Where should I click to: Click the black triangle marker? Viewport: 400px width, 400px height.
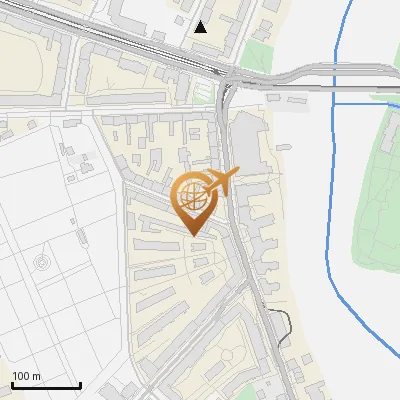pyautogui.click(x=201, y=27)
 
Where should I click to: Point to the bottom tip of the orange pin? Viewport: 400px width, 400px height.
pyautogui.click(x=192, y=236)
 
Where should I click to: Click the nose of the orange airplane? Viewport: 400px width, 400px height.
pyautogui.click(x=237, y=173)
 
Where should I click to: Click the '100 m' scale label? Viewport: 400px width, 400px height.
pyautogui.click(x=26, y=376)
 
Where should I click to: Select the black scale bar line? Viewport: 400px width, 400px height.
pyautogui.click(x=46, y=386)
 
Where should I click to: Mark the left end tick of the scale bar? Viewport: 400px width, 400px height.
pyautogui.click(x=12, y=384)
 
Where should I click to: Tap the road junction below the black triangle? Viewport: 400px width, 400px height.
pyautogui.click(x=228, y=79)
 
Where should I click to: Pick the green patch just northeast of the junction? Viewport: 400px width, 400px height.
pyautogui.click(x=258, y=55)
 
